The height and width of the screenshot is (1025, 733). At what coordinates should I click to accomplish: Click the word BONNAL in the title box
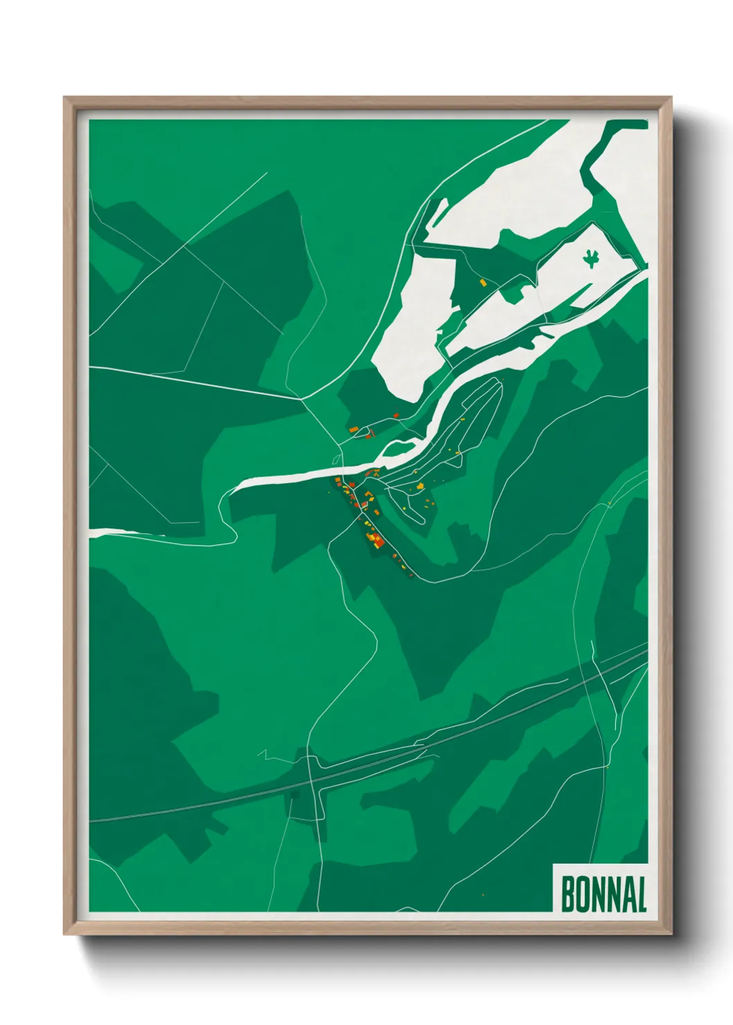[x=603, y=894]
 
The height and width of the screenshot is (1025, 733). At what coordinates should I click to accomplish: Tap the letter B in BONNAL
[x=567, y=894]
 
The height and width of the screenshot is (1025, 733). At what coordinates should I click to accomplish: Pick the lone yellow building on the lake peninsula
[x=483, y=283]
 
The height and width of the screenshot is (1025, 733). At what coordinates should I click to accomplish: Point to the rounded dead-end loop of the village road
[x=419, y=518]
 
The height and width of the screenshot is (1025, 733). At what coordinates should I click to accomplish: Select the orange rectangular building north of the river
[x=353, y=430]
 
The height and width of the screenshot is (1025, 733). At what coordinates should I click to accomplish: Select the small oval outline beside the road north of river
[x=336, y=458]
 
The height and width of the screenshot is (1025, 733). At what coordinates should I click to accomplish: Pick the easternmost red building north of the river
[x=396, y=416]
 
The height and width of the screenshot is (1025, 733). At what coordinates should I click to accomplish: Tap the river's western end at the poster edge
[x=92, y=533]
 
